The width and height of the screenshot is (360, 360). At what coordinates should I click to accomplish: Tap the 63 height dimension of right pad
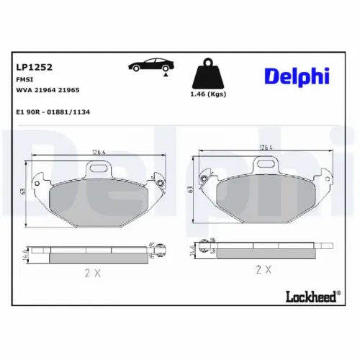190,189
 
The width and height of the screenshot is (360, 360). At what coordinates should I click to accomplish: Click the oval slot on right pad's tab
269,167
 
